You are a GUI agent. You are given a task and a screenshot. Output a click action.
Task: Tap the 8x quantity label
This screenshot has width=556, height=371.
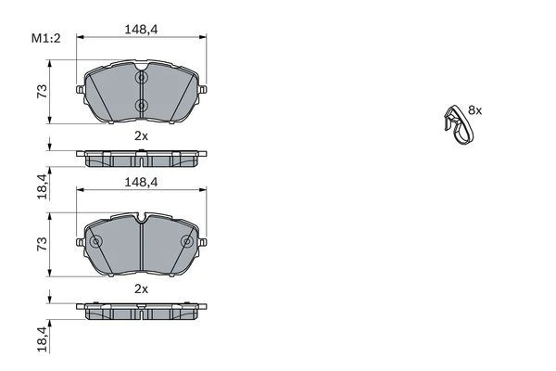475,109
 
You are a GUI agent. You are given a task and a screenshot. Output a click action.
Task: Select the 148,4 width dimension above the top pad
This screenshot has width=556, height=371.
141,30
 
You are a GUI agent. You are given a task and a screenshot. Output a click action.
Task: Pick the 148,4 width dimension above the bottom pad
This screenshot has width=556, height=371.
141,182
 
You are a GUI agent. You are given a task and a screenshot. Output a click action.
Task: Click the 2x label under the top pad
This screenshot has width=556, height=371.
141,135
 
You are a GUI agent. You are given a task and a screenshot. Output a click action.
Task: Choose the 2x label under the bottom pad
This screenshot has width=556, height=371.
141,288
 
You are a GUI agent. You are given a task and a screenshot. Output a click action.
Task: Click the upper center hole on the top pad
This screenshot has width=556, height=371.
141,80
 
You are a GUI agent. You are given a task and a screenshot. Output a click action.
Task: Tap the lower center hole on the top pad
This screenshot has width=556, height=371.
141,105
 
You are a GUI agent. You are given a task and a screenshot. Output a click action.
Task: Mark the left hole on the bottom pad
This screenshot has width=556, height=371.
96,243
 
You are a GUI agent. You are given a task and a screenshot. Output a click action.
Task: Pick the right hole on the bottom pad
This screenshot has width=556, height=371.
186,243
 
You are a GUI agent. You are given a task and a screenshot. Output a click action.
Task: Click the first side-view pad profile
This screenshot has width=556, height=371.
141,158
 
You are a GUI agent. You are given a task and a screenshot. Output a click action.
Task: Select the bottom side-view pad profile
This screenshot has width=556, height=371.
141,311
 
